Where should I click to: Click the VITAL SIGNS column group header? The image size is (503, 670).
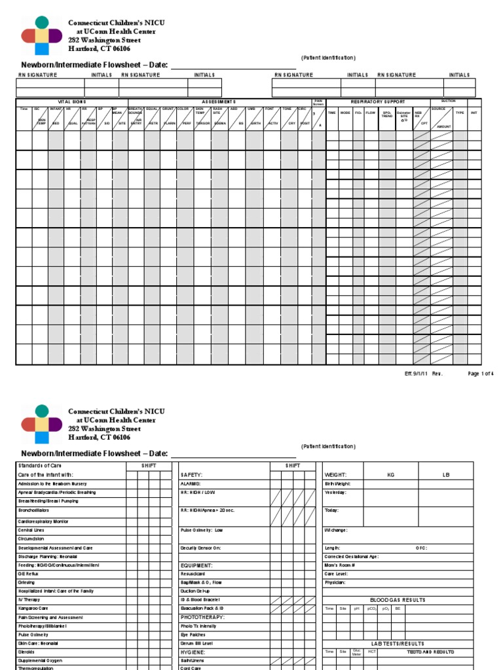click(72, 102)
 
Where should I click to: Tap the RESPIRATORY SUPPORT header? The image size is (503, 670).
click(378, 102)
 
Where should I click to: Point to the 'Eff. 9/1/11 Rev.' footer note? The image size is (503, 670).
click(424, 374)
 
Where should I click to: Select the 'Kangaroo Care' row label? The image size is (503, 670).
click(33, 608)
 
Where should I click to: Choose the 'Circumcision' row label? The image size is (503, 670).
click(31, 539)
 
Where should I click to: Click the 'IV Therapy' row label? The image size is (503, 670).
click(29, 599)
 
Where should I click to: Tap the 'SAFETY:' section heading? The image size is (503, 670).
click(191, 474)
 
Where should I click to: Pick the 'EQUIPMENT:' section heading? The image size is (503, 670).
click(196, 565)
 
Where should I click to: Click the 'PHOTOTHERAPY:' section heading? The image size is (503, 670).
click(202, 617)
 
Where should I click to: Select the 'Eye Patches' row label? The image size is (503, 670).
click(193, 635)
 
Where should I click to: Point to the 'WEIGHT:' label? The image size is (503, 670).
click(335, 474)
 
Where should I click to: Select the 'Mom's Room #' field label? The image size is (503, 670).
click(340, 565)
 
